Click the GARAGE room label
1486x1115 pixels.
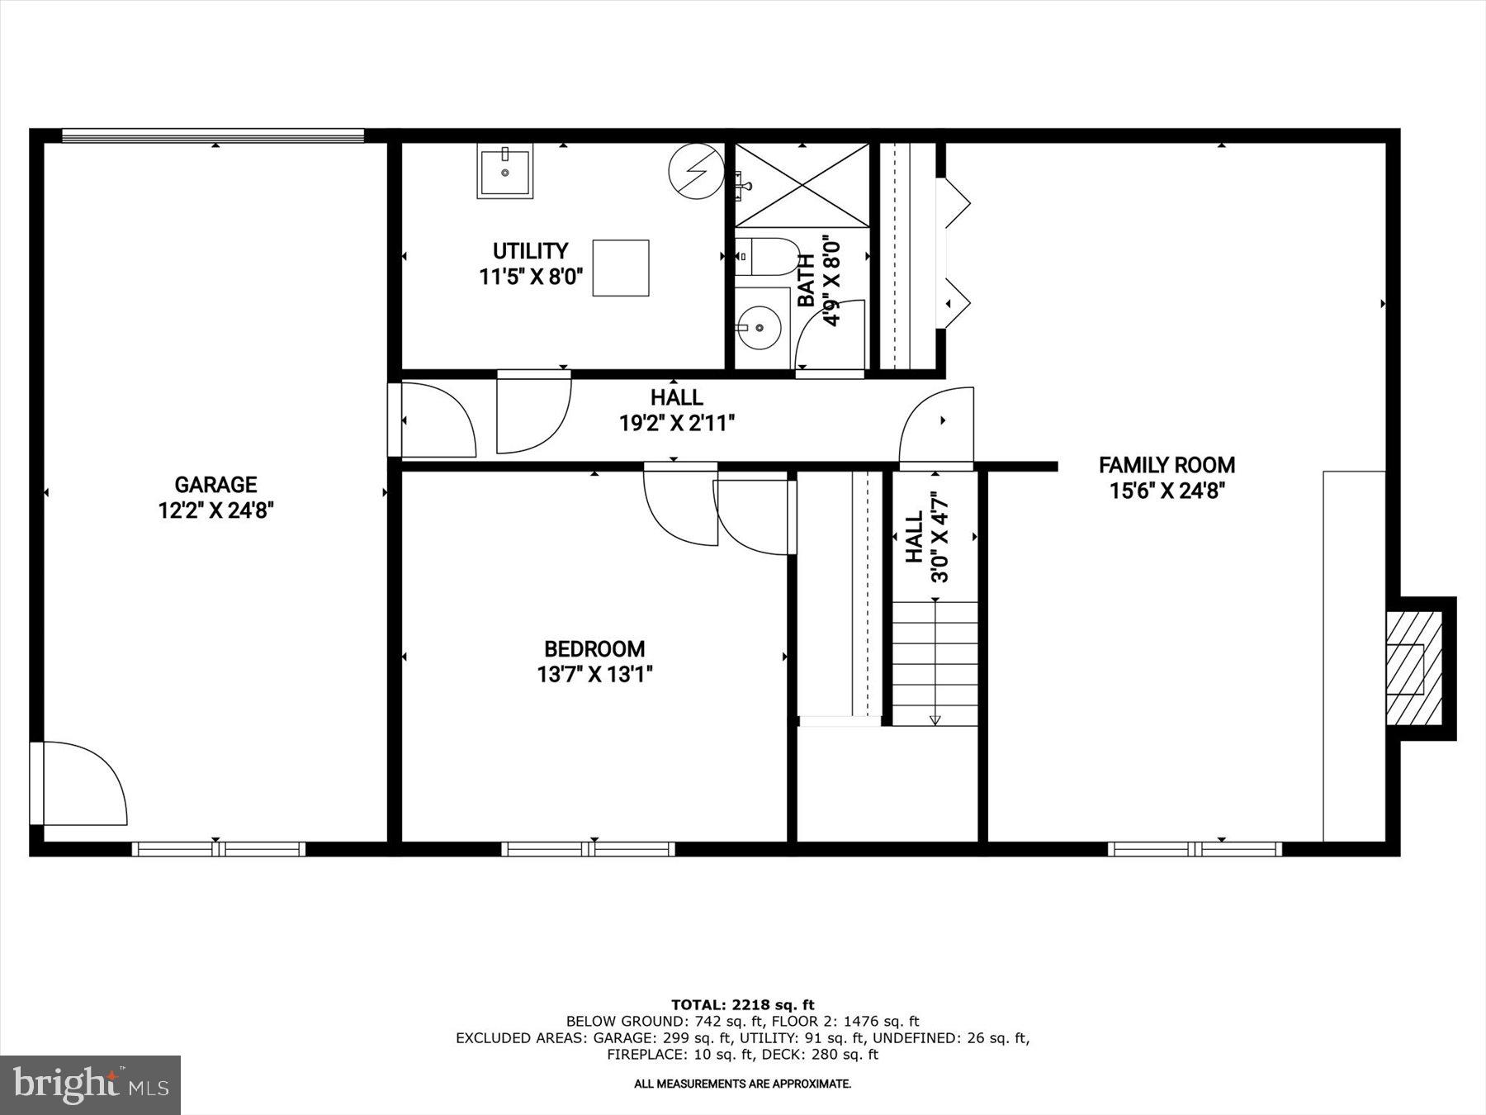pos(215,485)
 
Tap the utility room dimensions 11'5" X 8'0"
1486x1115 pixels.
pos(531,277)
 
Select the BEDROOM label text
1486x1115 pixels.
pos(594,649)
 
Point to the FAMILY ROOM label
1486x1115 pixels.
pos(1167,465)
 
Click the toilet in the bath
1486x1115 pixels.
pos(764,257)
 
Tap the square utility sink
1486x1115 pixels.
pos(504,171)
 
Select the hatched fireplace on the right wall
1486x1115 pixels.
pos(1413,668)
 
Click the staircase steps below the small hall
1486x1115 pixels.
pos(935,663)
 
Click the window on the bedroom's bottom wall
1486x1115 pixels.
pos(588,849)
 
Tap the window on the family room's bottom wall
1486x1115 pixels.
pos(1195,849)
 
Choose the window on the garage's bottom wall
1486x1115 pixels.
pos(218,849)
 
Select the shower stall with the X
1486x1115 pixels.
pos(802,185)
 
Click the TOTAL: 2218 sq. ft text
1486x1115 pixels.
pos(742,1005)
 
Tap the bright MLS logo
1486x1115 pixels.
pos(90,1084)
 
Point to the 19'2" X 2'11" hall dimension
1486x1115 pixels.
pos(677,424)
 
